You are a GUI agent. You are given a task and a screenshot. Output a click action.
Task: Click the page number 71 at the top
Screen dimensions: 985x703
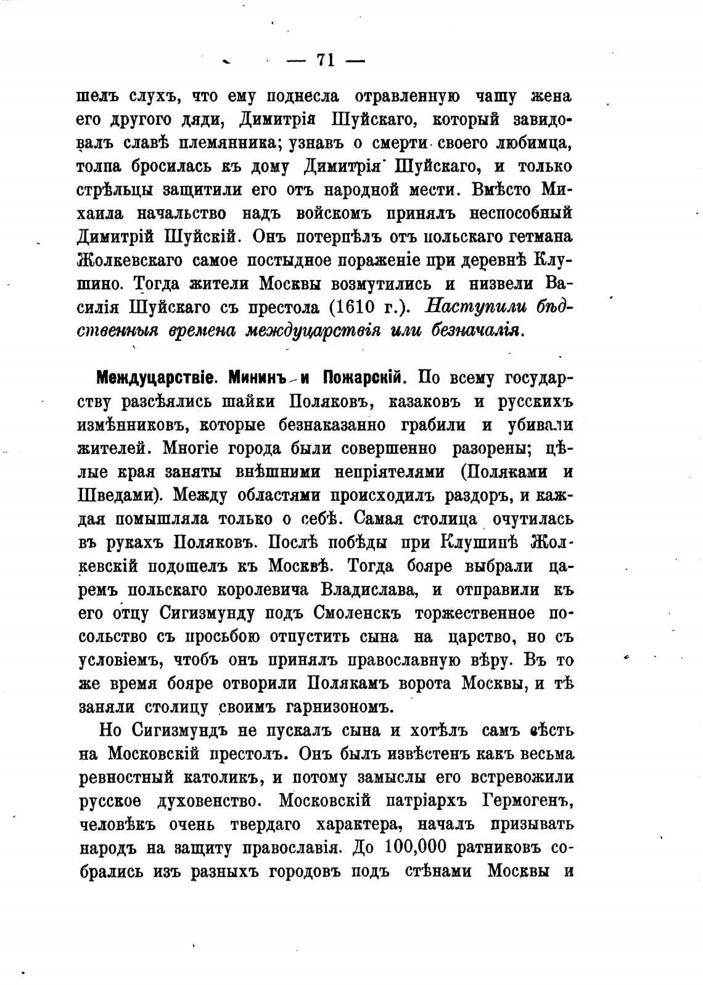click(324, 60)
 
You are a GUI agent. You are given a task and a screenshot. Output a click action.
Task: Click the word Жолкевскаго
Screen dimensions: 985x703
click(130, 260)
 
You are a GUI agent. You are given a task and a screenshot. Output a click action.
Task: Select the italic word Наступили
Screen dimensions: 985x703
click(479, 307)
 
